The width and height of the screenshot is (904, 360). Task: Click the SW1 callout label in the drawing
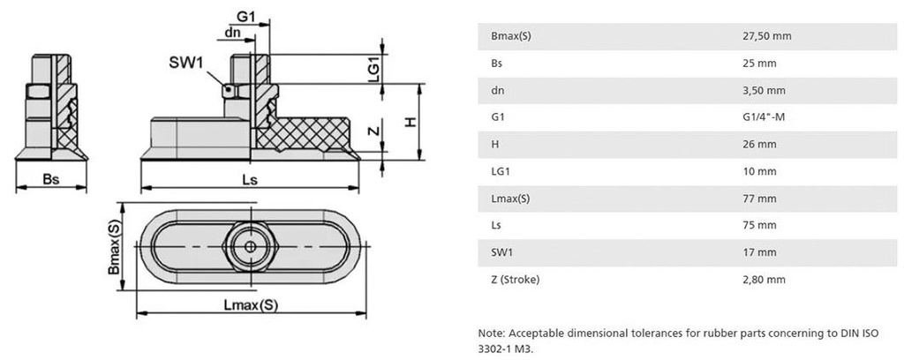pyautogui.click(x=186, y=64)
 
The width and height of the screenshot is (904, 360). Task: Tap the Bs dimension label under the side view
pyautogui.click(x=52, y=179)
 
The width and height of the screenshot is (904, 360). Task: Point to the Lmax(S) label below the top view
pyautogui.click(x=251, y=305)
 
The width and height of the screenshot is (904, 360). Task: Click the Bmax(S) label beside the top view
pyautogui.click(x=115, y=249)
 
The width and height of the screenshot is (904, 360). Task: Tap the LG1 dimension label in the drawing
pyautogui.click(x=373, y=67)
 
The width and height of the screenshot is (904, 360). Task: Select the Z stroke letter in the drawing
pyautogui.click(x=374, y=131)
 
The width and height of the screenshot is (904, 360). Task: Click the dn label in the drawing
pyautogui.click(x=233, y=33)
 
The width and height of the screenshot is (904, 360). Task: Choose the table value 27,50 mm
pyautogui.click(x=766, y=36)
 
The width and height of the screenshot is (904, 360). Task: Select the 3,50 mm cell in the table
pyautogui.click(x=764, y=90)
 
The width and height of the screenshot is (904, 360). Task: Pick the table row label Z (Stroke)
pyautogui.click(x=515, y=280)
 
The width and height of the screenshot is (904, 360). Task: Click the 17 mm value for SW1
pyautogui.click(x=759, y=253)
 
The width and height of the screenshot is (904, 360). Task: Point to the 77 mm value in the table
pyautogui.click(x=759, y=199)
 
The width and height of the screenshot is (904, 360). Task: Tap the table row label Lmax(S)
pyautogui.click(x=509, y=199)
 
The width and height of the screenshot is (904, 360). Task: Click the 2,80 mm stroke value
pyautogui.click(x=764, y=280)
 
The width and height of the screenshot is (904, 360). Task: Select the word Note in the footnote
pyautogui.click(x=490, y=333)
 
